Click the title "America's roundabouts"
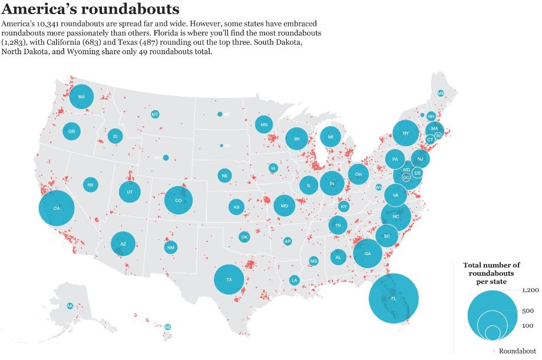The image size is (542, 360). pyautogui.click(x=91, y=9)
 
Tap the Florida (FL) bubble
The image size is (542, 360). pyautogui.click(x=394, y=299)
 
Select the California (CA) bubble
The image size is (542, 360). pyautogui.click(x=57, y=209)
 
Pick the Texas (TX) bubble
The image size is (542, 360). pyautogui.click(x=229, y=279)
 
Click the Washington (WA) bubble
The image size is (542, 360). pyautogui.click(x=81, y=97)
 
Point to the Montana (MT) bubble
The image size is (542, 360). pyautogui.click(x=155, y=114)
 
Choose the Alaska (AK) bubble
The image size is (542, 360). pyautogui.click(x=70, y=306)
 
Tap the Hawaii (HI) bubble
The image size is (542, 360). pyautogui.click(x=168, y=326)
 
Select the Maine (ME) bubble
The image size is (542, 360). pyautogui.click(x=441, y=93)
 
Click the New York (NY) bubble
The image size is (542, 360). pyautogui.click(x=405, y=133)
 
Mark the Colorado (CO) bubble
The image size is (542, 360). pyautogui.click(x=179, y=200)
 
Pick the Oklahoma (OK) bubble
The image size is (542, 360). pyautogui.click(x=244, y=237)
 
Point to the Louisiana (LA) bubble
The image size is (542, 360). pyautogui.click(x=294, y=280)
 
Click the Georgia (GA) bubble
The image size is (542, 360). pyautogui.click(x=368, y=253)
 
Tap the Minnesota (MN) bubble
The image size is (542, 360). pyautogui.click(x=264, y=124)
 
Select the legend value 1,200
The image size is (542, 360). pyautogui.click(x=530, y=290)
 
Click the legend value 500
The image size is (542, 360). pyautogui.click(x=528, y=311)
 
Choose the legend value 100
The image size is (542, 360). pyautogui.click(x=527, y=326)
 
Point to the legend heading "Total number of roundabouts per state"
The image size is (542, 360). pyautogui.click(x=492, y=273)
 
